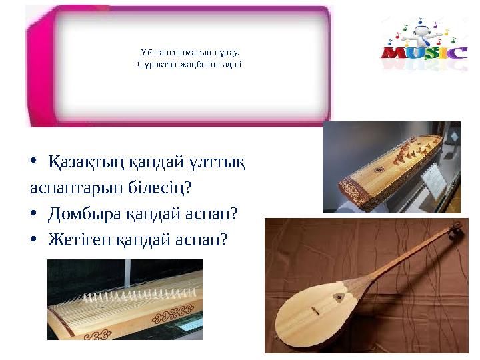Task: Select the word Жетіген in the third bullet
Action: coord(79,238)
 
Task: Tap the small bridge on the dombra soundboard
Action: coord(318,311)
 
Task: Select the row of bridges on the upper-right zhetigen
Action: coord(407,153)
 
